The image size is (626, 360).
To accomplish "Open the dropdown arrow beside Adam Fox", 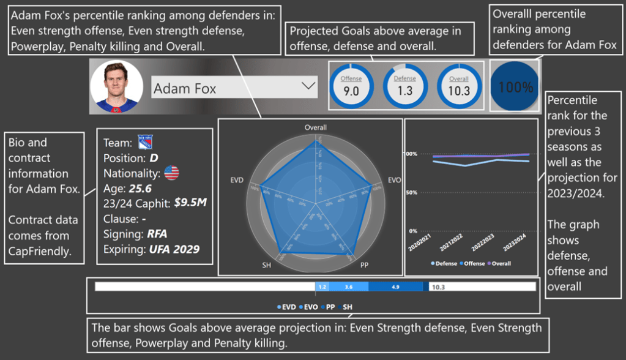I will (308, 87).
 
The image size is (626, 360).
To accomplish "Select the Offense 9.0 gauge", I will (351, 86).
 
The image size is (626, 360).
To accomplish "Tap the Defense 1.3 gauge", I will (405, 86).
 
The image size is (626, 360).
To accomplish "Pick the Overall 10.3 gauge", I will (458, 86).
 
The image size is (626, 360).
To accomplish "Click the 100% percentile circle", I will (515, 87).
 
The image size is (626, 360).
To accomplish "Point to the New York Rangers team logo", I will (145, 142).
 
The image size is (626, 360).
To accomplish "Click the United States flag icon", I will (171, 173).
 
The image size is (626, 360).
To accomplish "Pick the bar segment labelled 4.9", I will (395, 287).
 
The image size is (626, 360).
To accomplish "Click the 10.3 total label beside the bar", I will (439, 287).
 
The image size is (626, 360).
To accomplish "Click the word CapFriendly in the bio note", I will (39, 251).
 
